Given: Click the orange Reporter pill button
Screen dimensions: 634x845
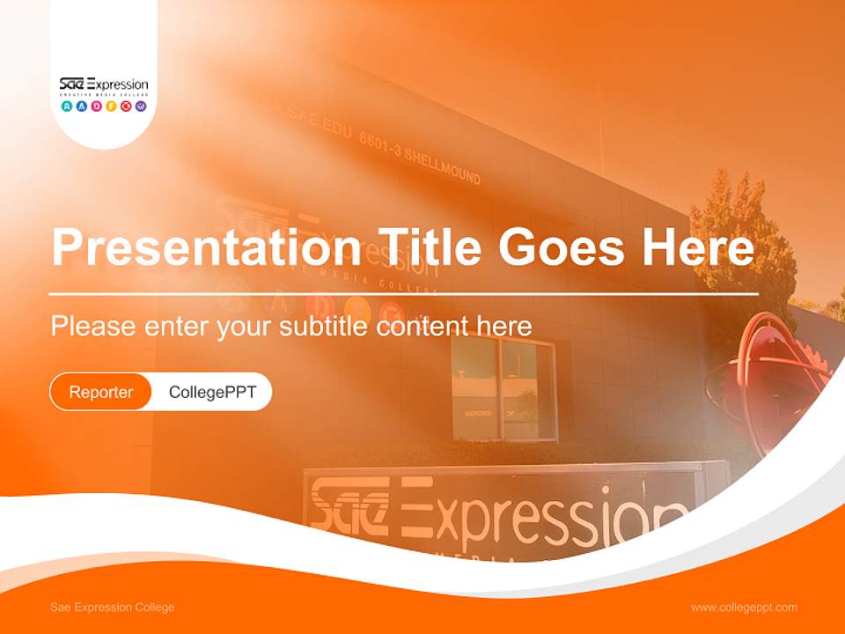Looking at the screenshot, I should (101, 392).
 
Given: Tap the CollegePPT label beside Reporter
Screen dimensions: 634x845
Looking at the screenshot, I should (212, 392).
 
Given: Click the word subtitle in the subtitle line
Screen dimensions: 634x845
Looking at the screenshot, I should (324, 327).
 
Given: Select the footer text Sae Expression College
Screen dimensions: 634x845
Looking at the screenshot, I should (113, 608).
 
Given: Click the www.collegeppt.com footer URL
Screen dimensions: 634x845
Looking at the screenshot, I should (744, 608).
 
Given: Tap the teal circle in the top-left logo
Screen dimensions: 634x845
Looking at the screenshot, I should (67, 107).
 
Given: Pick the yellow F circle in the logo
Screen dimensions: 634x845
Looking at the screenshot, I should (111, 107).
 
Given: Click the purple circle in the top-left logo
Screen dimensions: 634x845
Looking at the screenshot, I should (141, 107).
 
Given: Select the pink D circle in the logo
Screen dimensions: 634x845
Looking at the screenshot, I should (96, 107).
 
